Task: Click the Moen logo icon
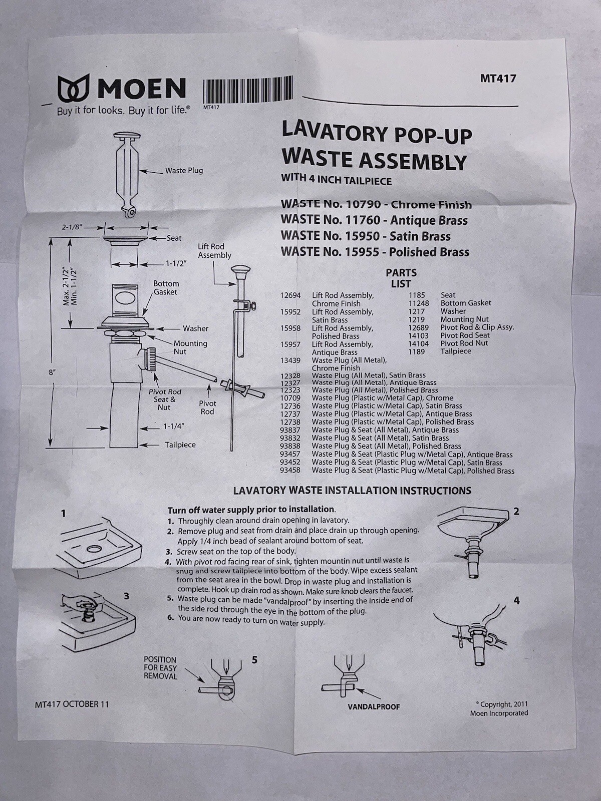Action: click(73, 89)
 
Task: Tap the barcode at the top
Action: click(248, 90)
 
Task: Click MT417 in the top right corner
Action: click(498, 78)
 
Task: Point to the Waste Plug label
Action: click(184, 171)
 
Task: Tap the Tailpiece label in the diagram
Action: click(180, 445)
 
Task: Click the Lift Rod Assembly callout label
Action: click(214, 251)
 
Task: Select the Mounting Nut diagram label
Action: click(190, 347)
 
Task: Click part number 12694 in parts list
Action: click(290, 295)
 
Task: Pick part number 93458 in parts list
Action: click(290, 471)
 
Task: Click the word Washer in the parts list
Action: click(453, 311)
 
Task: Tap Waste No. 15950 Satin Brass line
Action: click(366, 236)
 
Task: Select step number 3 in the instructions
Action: click(170, 551)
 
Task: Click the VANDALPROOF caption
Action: click(374, 707)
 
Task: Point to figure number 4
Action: click(516, 600)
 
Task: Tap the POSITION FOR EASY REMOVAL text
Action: click(161, 668)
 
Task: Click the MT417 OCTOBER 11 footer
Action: click(72, 704)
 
